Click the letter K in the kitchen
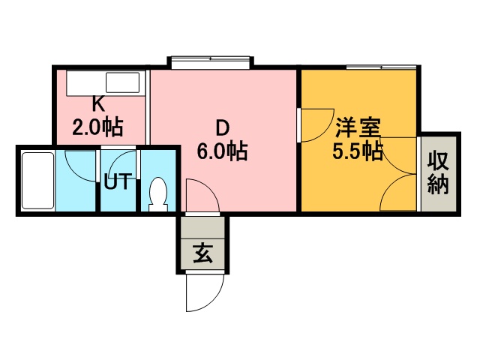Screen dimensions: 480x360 [98, 105]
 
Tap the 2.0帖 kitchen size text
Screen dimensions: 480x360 [97, 127]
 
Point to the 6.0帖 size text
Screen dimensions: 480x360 [222, 151]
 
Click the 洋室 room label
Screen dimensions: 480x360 [358, 127]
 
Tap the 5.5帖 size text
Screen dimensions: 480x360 [358, 151]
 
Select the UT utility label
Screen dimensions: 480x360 [118, 181]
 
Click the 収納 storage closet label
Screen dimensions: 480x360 [438, 173]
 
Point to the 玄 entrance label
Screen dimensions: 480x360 [202, 253]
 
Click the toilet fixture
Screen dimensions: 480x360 [158, 194]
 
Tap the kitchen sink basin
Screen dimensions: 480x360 [122, 82]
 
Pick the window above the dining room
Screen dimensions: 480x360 [210, 62]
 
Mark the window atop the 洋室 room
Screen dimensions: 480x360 [382, 67]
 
